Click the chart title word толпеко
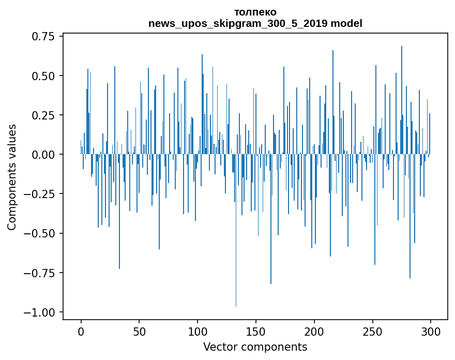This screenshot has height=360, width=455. pos(255,12)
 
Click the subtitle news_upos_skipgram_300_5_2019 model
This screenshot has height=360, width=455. pos(255,23)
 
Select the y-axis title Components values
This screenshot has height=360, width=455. pos(12,177)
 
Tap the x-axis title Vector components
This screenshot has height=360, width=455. pos(255,347)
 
